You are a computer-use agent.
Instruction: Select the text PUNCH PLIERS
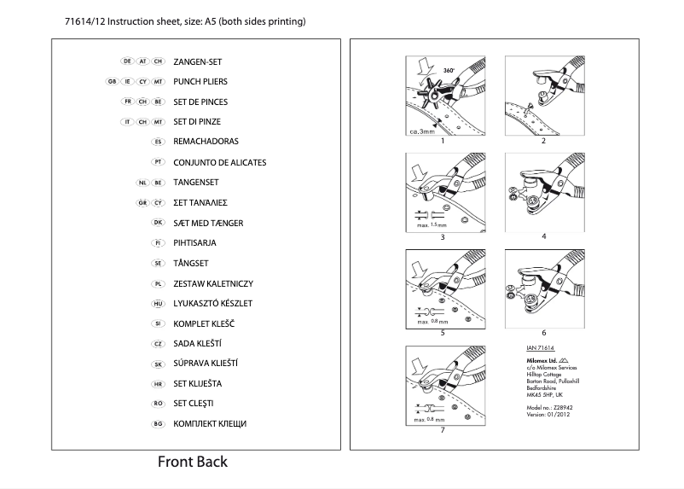[x=200, y=82]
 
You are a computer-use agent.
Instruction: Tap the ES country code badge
[x=157, y=142]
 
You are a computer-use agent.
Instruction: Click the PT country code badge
[x=157, y=162]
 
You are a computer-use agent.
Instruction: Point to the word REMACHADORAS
[x=206, y=142]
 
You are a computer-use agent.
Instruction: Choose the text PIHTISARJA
[x=194, y=243]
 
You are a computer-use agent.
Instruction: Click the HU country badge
[x=157, y=304]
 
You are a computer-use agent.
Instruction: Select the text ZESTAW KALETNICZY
[x=213, y=283]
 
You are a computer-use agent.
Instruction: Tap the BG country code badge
[x=157, y=424]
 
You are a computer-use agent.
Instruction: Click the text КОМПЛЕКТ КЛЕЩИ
[x=210, y=424]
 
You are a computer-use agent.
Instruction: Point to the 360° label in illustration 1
[x=448, y=65]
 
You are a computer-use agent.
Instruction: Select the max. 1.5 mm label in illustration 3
[x=431, y=224]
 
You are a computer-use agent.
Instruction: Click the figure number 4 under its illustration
[x=543, y=236]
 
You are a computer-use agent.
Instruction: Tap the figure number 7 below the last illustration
[x=442, y=429]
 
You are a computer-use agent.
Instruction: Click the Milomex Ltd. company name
[x=540, y=360]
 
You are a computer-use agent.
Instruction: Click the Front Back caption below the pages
[x=193, y=463]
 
